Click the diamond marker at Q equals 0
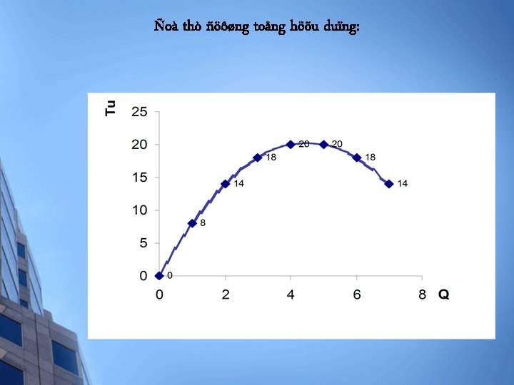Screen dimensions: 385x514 point(159,276)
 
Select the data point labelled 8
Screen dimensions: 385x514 point(192,223)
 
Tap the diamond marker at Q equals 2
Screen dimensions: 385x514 point(225,184)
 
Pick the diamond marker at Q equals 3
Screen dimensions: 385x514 point(258,158)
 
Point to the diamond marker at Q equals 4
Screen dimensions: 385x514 point(291,145)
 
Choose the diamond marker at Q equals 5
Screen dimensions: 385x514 point(323,145)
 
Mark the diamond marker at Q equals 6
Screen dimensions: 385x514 point(356,158)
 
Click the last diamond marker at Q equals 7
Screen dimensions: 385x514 point(389,184)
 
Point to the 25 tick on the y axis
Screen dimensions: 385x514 point(139,112)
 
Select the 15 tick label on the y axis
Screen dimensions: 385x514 point(139,178)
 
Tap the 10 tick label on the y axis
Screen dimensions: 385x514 point(139,210)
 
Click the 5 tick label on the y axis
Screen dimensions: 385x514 point(143,243)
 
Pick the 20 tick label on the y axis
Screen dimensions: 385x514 point(139,145)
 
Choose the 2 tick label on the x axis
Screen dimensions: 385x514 point(226,294)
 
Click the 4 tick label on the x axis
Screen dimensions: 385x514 point(291,294)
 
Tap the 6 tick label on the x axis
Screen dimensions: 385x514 point(356,294)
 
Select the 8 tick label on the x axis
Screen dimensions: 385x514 point(422,294)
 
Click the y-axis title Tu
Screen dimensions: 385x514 point(110,108)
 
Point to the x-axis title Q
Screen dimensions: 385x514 point(443,294)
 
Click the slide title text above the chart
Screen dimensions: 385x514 point(257,27)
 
